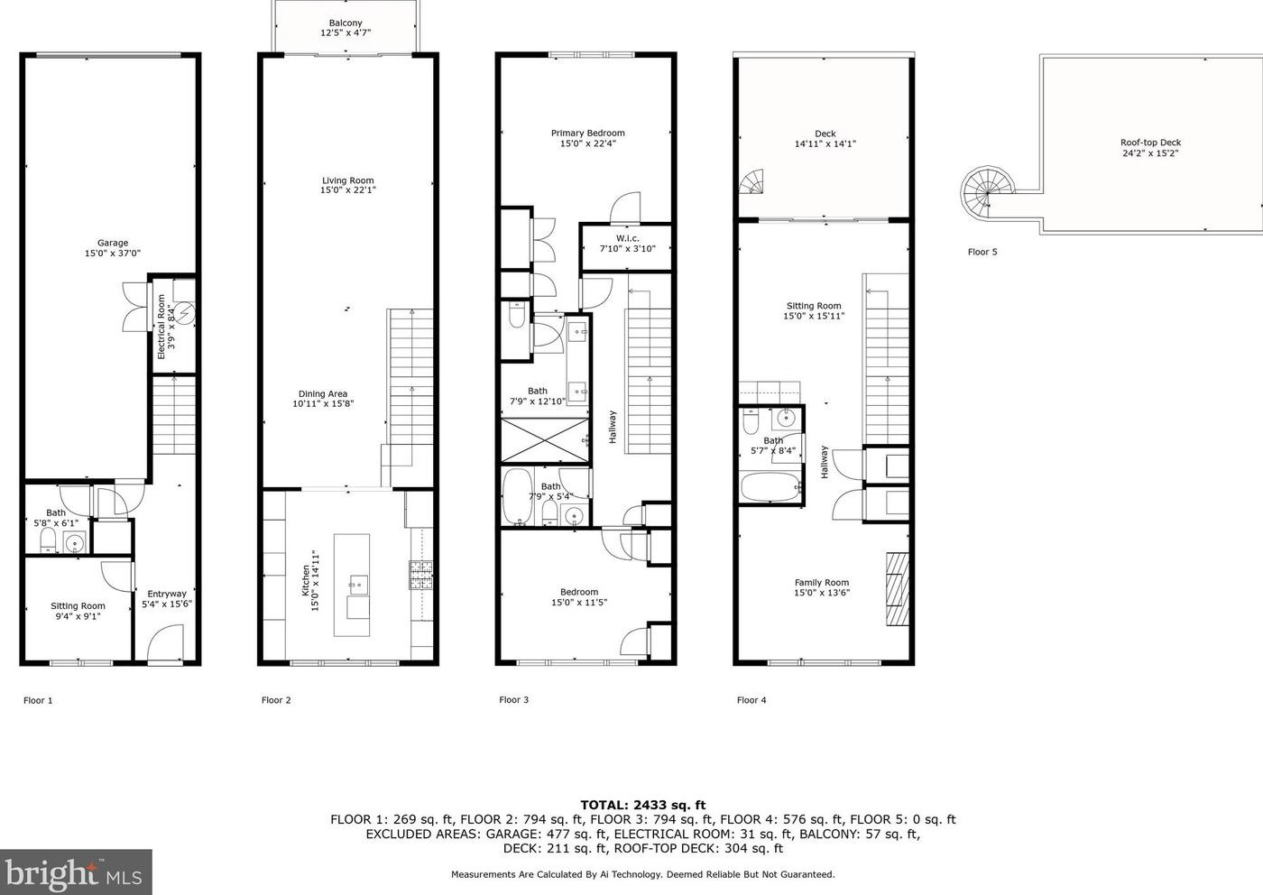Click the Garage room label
point(113,243)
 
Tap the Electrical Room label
point(161,327)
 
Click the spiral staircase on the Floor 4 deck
point(752,183)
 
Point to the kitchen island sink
point(356,585)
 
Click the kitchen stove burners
point(421,575)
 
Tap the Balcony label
point(346,23)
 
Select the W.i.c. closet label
point(628,238)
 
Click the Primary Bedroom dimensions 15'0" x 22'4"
point(587,143)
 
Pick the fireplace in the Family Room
point(897,588)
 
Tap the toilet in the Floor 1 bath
point(48,540)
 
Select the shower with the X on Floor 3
point(543,440)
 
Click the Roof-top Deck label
point(1150,143)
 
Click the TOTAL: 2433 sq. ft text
point(642,805)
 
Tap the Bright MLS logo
point(76,872)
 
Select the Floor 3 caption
point(513,700)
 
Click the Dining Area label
point(323,393)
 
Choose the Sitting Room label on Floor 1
point(78,606)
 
